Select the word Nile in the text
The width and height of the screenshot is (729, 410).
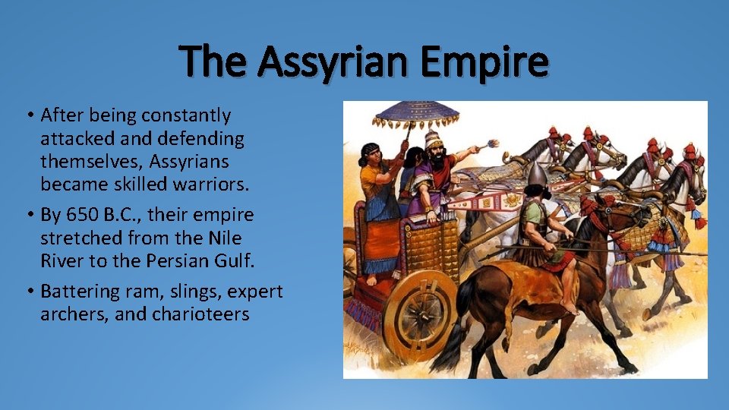click(x=224, y=238)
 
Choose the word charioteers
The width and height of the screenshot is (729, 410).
click(x=201, y=314)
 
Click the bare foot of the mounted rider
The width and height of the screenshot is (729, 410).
click(x=567, y=307)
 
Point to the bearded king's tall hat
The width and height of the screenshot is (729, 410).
click(x=434, y=140)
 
